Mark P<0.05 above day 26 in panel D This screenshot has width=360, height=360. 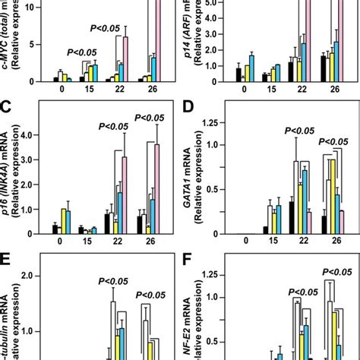[336, 141]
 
